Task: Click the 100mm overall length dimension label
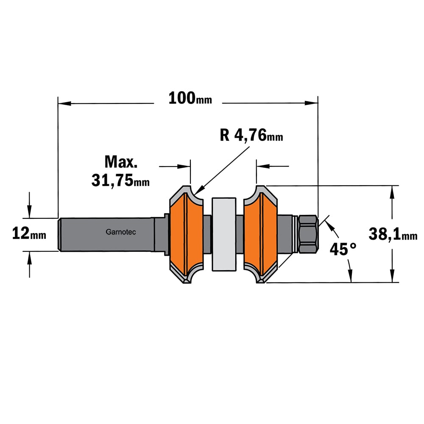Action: pyautogui.click(x=190, y=98)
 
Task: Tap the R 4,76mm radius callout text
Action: pyautogui.click(x=251, y=135)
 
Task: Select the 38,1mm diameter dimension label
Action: pyautogui.click(x=393, y=234)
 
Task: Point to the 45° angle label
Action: pyautogui.click(x=343, y=249)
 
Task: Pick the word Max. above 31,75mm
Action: pyautogui.click(x=121, y=162)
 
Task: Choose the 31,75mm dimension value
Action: pyautogui.click(x=120, y=180)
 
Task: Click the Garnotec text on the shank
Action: pyautogui.click(x=120, y=232)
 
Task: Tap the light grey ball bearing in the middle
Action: pyautogui.click(x=224, y=234)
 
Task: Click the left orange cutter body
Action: pyautogui.click(x=186, y=234)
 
